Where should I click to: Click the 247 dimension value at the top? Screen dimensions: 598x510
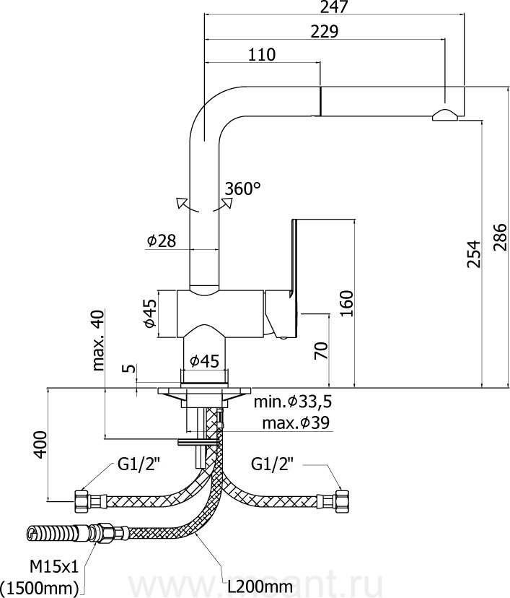tap(334, 8)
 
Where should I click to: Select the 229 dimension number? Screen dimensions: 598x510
tap(326, 31)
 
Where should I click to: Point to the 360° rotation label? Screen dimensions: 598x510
tap(242, 188)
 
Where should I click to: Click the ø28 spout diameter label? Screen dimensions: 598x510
tap(161, 241)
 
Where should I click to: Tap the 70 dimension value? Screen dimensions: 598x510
tap(322, 351)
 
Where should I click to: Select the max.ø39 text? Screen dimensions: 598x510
tap(296, 423)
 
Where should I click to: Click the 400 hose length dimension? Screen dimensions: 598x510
tap(40, 444)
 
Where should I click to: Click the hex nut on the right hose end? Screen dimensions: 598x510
tap(340, 498)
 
